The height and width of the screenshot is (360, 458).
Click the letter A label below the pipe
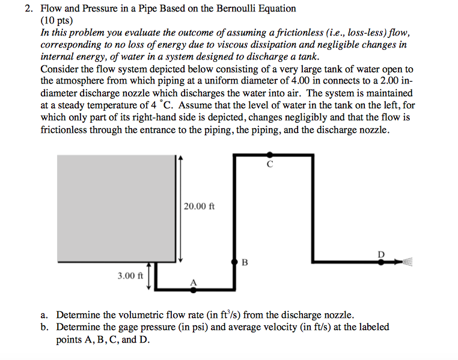(194, 281)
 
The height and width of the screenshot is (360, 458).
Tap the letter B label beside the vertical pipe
(244, 262)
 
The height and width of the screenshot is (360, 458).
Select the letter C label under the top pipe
(270, 164)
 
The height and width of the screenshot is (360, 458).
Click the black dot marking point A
(194, 290)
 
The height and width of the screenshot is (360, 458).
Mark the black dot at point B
(234, 262)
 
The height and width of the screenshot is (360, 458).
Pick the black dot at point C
(270, 155)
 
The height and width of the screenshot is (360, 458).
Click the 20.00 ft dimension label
(200, 206)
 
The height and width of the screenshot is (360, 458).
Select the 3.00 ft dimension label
(130, 276)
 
